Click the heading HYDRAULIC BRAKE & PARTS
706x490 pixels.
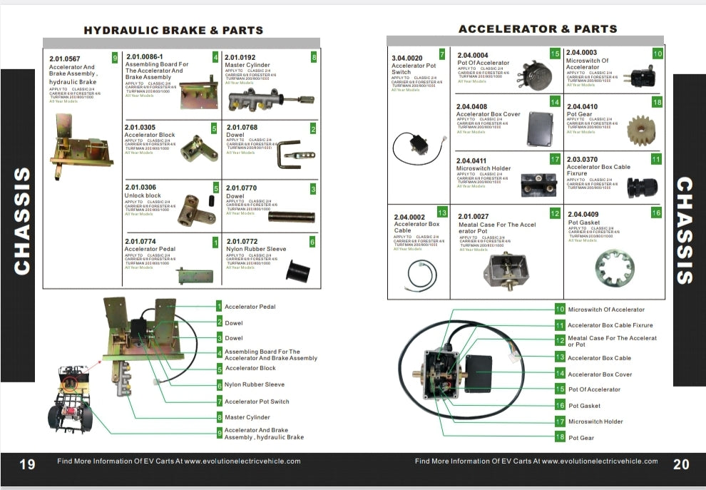point(173,31)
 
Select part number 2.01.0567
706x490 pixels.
point(65,58)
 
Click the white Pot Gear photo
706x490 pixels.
point(642,130)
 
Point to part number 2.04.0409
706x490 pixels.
point(583,214)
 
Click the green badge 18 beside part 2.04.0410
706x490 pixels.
point(657,103)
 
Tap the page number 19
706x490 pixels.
point(27,464)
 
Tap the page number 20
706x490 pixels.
point(681,464)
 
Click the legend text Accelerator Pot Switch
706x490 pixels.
point(257,402)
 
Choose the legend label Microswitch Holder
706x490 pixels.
point(595,422)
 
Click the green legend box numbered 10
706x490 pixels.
point(560,310)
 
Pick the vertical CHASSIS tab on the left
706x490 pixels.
point(23,221)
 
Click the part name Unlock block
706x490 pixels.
point(143,195)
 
